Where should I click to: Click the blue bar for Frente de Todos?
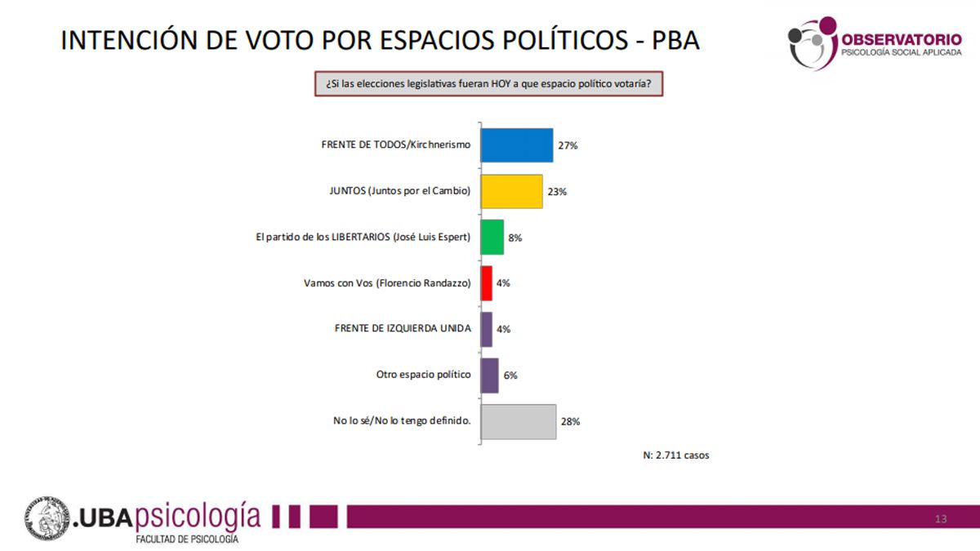coord(517,145)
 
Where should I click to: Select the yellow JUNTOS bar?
coord(511,191)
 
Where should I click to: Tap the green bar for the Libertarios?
coord(492,238)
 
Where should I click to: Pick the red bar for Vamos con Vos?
coord(487,283)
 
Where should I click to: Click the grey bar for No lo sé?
coord(519,421)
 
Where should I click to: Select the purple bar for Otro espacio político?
coord(490,375)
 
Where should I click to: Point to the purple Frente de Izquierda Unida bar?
coord(487,329)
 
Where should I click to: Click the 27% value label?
coord(568,146)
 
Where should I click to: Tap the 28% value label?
coord(570,422)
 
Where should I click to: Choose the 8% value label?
coord(514,238)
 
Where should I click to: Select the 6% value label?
coord(510,375)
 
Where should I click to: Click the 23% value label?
coord(557,192)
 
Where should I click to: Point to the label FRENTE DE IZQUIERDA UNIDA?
coord(403,329)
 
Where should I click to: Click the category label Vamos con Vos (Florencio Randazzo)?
coord(386,283)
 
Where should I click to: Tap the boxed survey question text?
coord(488,84)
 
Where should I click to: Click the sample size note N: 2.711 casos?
coord(676,455)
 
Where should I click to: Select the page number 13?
coord(941,519)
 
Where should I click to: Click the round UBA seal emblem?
coord(47,519)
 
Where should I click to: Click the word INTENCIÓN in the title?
coord(134,40)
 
